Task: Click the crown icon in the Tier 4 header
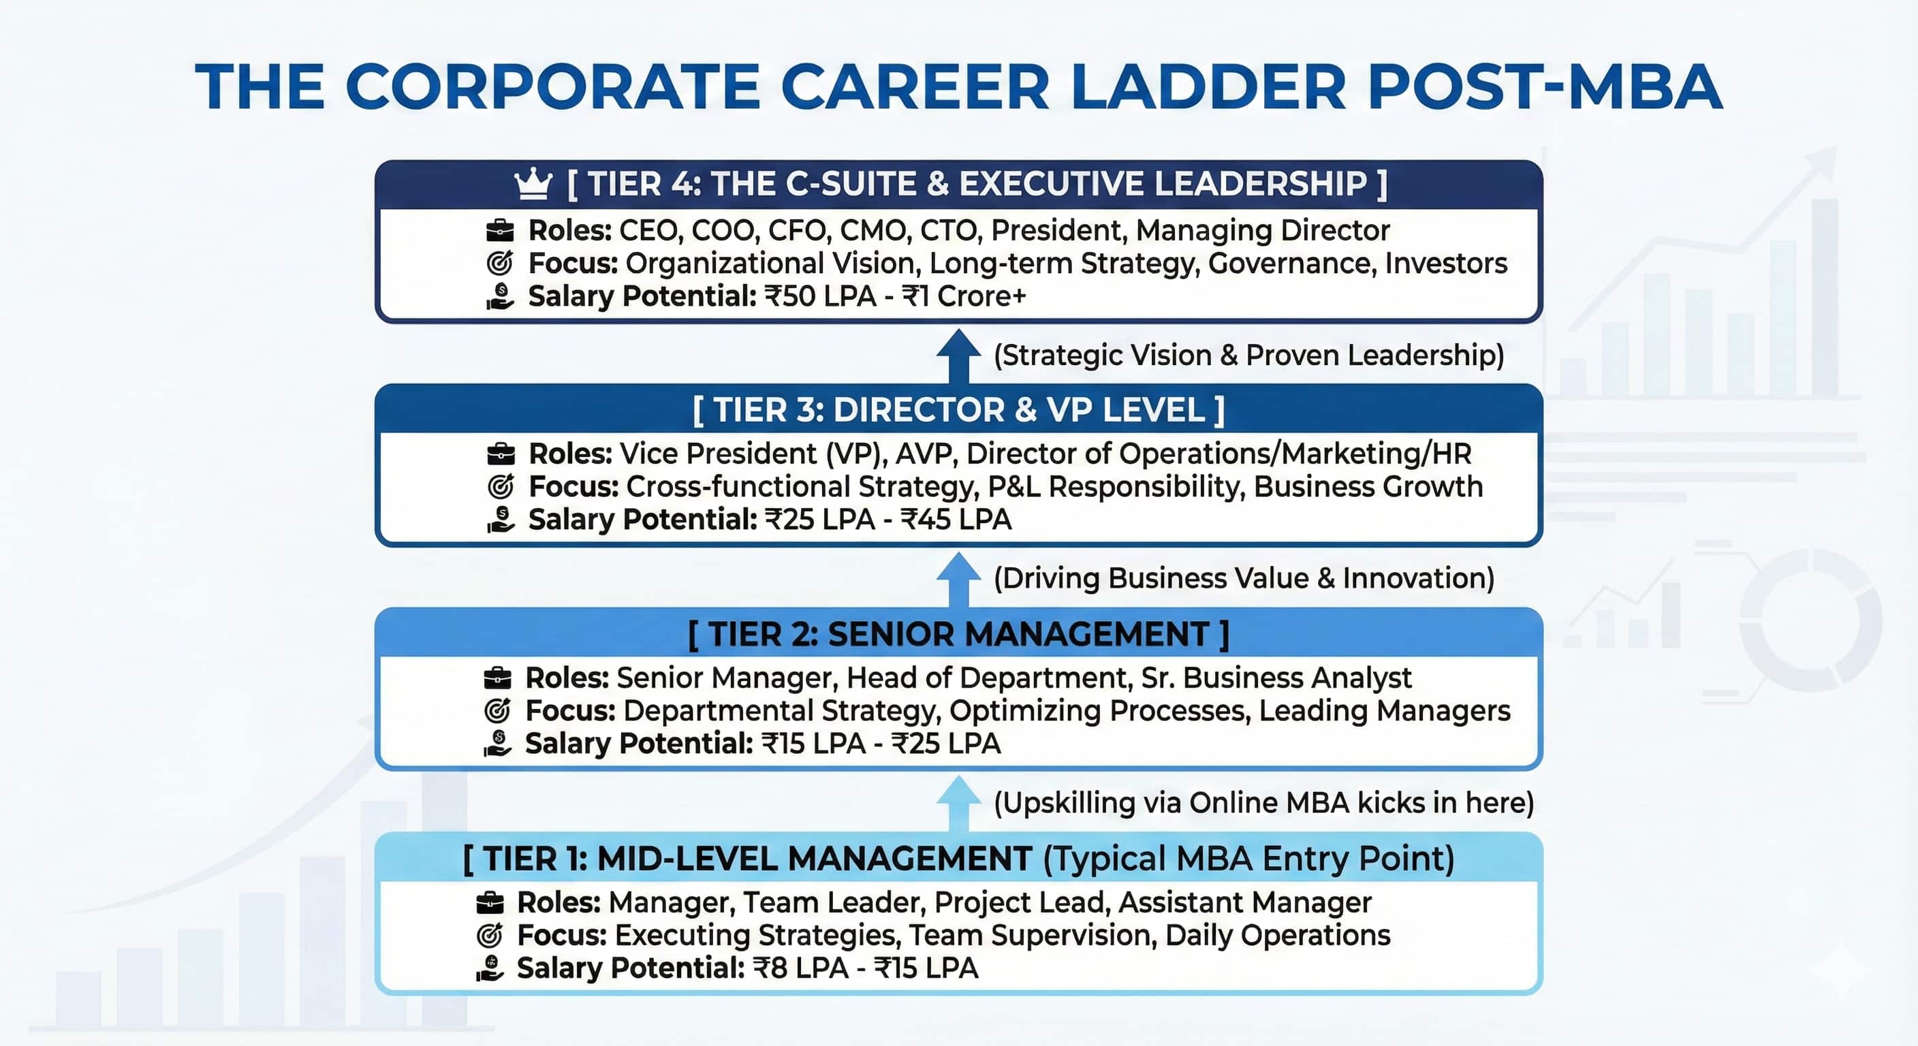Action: pos(533,184)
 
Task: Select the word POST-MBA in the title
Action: pos(1544,87)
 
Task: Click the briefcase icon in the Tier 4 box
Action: pos(500,231)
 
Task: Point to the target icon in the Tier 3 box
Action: pos(501,487)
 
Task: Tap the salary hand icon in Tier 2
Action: pos(497,743)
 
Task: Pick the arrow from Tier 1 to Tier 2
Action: pos(958,803)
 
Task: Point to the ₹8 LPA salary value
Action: pos(800,968)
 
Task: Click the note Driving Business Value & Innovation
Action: pos(1244,578)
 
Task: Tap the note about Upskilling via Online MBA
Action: pos(1263,803)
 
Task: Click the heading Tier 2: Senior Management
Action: pos(958,634)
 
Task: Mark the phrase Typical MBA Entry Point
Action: pos(1248,859)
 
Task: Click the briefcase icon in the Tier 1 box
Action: pos(489,902)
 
